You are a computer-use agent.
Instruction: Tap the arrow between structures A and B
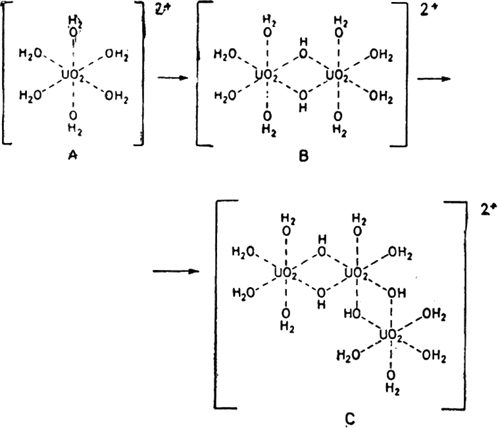click(169, 77)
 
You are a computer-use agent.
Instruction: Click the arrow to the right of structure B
click(434, 76)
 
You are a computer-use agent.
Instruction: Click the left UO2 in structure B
click(266, 76)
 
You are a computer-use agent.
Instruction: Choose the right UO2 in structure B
click(337, 76)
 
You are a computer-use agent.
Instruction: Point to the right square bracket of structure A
click(140, 72)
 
